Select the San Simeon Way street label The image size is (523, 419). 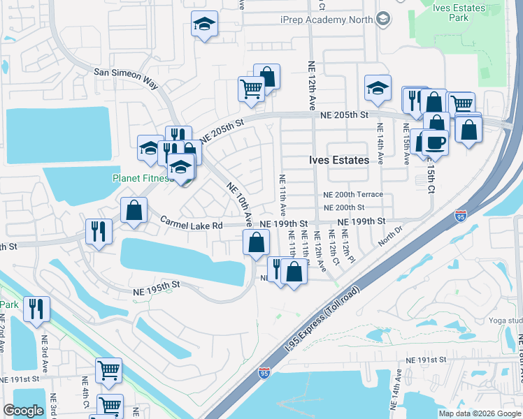127,76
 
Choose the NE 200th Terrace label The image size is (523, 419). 354,195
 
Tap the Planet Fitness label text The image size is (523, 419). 142,178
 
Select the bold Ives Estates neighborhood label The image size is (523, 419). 339,160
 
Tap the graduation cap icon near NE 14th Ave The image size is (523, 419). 377,88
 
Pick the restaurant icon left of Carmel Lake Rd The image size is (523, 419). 99,230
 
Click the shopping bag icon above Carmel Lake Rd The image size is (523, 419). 134,209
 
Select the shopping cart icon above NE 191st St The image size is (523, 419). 108,370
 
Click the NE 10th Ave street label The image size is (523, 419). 239,203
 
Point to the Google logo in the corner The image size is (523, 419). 24,410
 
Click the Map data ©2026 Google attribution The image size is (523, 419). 480,413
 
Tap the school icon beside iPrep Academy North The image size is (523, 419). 382,20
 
